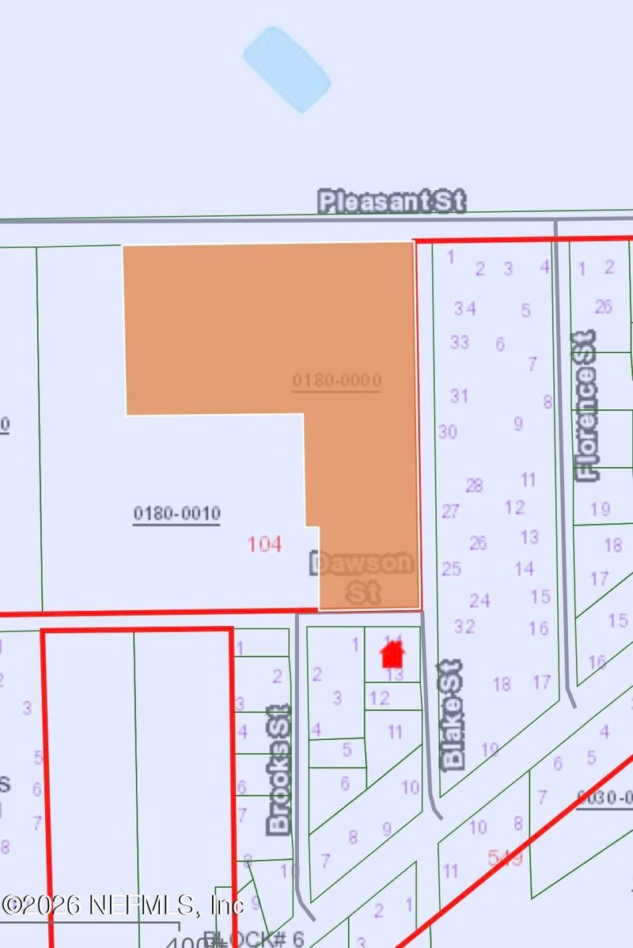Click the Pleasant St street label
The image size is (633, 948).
point(392,201)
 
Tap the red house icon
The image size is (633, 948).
point(392,654)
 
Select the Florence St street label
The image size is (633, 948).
point(587,405)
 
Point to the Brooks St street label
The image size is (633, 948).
point(279,769)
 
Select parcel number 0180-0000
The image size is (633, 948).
point(337,381)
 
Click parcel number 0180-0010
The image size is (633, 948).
point(176,514)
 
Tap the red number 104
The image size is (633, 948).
point(264,544)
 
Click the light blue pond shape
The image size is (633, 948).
point(286,69)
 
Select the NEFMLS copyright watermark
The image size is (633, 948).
point(123,904)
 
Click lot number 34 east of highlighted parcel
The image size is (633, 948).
point(464,309)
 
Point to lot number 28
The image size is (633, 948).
point(474,485)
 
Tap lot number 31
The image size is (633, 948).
point(459,396)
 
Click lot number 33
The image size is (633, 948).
point(459,343)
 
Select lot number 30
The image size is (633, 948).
point(448,432)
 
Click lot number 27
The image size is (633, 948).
point(450,511)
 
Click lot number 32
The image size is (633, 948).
point(464,627)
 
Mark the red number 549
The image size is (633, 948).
point(505,858)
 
